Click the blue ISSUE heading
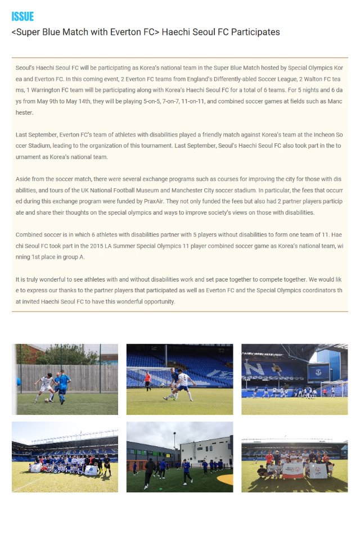tap(22, 17)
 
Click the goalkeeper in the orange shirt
tap(147, 380)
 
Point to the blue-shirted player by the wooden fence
tap(62, 387)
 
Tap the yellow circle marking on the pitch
tap(225, 479)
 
